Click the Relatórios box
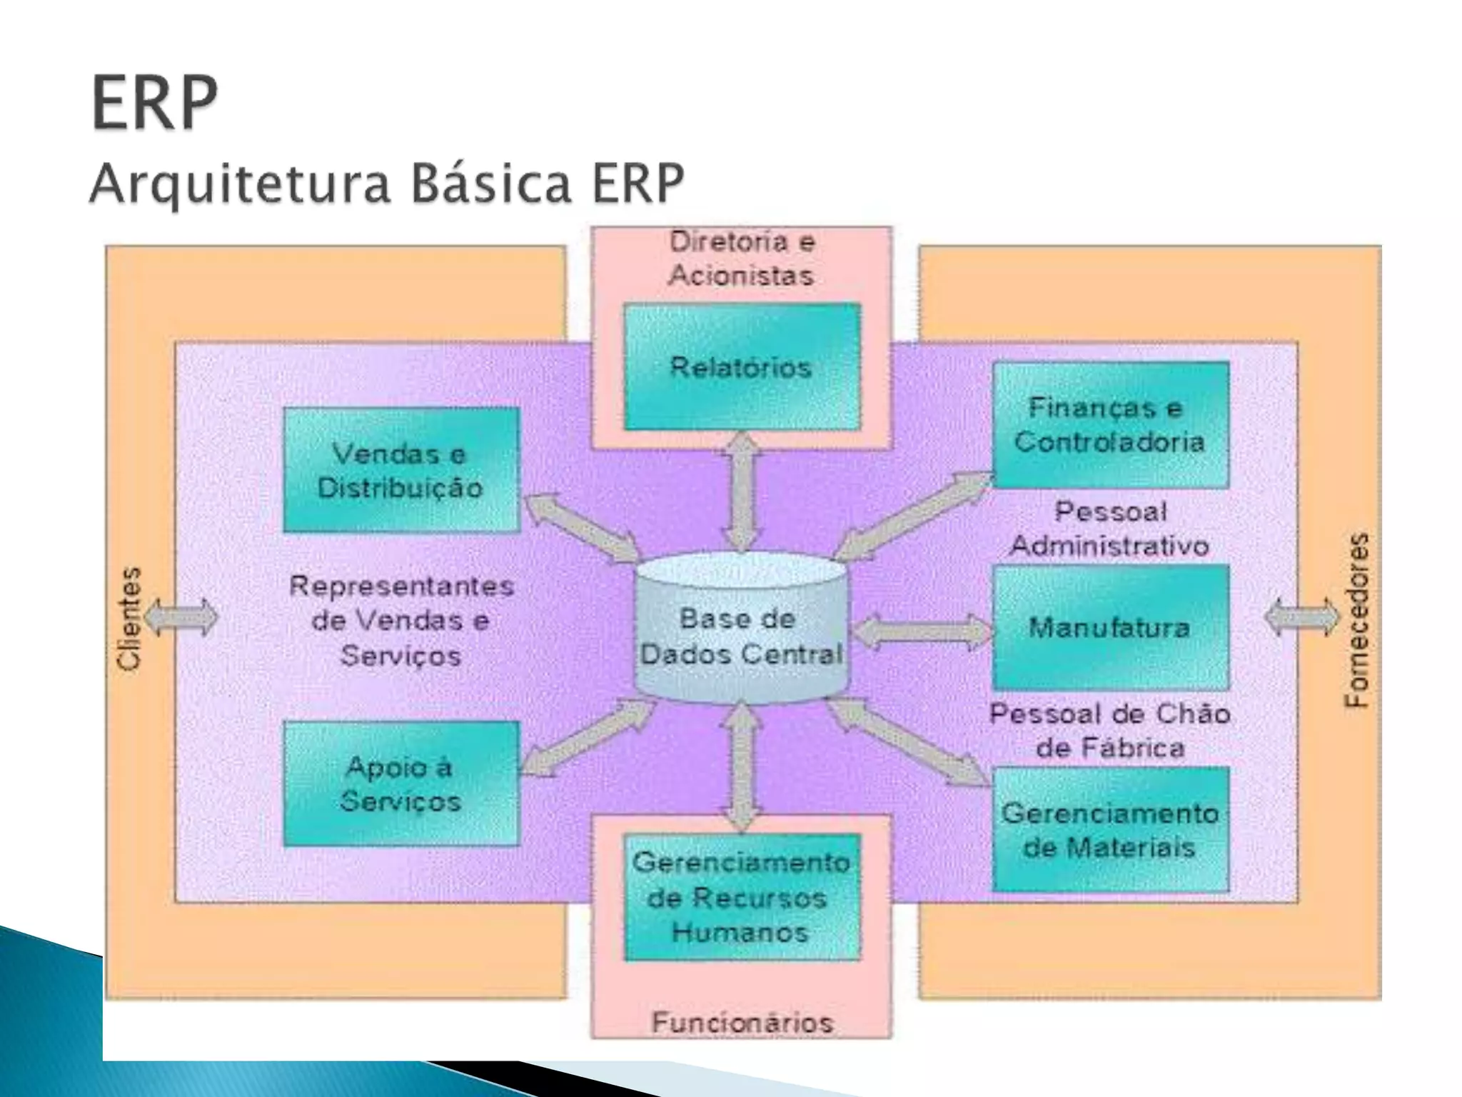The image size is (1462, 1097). point(742,367)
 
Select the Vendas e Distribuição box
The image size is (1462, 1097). point(401,470)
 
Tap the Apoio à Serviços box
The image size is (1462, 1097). point(401,783)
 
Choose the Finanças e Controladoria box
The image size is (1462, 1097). point(1110,425)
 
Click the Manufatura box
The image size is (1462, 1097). point(1110,628)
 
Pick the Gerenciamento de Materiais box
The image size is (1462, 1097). point(1110,830)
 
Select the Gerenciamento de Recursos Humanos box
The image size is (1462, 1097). point(742,897)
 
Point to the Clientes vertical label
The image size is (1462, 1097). point(130,618)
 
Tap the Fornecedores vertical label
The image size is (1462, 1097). point(1357,620)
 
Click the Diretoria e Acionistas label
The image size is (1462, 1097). point(742,259)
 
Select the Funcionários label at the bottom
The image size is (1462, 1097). point(742,1023)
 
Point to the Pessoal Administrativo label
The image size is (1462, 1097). point(1110,529)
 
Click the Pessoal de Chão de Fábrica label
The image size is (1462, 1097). point(1110,731)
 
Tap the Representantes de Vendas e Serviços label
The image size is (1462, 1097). point(401,620)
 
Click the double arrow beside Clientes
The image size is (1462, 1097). point(181,618)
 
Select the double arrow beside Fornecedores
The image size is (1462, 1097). point(1301,618)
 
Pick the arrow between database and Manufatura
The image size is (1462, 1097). point(922,631)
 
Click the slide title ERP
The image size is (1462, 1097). point(154,104)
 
